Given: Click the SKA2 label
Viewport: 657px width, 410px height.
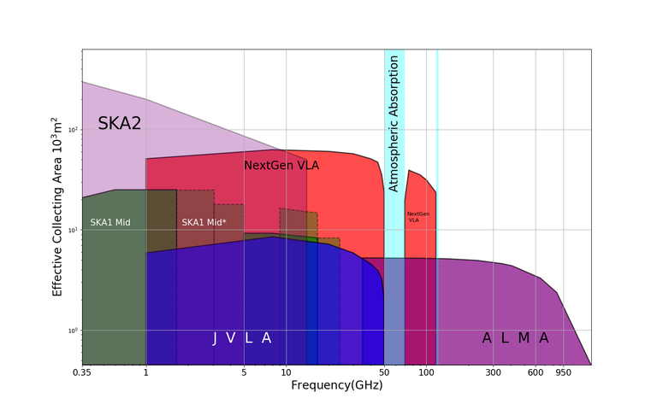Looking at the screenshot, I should pyautogui.click(x=119, y=123).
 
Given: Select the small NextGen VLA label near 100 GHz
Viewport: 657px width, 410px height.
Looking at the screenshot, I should pyautogui.click(x=418, y=217).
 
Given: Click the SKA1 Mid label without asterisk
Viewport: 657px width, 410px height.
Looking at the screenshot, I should pyautogui.click(x=110, y=223).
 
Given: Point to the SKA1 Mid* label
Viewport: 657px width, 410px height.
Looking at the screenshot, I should pyautogui.click(x=204, y=223).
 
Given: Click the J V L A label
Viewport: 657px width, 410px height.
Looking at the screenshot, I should pyautogui.click(x=242, y=338).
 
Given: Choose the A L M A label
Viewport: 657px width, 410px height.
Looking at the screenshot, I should pyautogui.click(x=515, y=338).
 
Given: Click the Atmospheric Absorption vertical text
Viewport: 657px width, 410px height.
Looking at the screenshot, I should pyautogui.click(x=394, y=123).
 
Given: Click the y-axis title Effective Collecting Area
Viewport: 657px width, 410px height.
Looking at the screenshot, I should pyautogui.click(x=58, y=206).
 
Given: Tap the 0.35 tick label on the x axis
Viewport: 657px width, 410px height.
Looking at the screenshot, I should pyautogui.click(x=82, y=372).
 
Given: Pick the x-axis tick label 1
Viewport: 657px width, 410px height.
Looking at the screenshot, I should pyautogui.click(x=146, y=372).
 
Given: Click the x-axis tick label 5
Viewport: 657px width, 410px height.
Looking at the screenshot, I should pyautogui.click(x=244, y=372).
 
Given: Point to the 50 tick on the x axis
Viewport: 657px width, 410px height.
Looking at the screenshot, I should pyautogui.click(x=384, y=372).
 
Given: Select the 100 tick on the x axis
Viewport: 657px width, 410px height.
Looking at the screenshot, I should pyautogui.click(x=426, y=372).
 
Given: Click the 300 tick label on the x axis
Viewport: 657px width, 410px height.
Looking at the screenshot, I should pyautogui.click(x=493, y=372).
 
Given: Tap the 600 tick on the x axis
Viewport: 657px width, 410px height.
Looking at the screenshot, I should pyautogui.click(x=536, y=372).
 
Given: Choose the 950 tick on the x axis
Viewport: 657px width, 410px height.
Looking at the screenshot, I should pyautogui.click(x=563, y=372).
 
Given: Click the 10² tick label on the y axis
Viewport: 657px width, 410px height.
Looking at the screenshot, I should pyautogui.click(x=72, y=130).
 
